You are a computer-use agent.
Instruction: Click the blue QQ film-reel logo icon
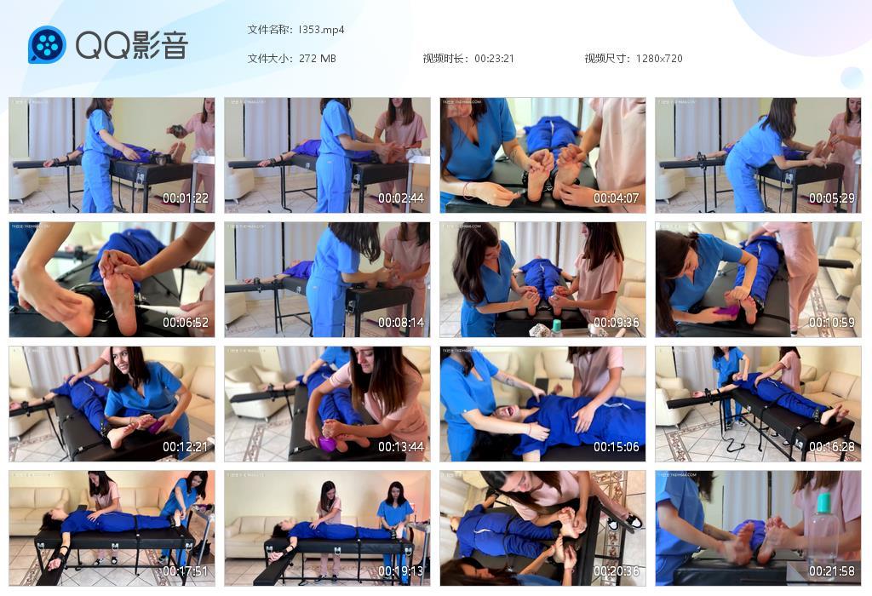pyautogui.click(x=47, y=44)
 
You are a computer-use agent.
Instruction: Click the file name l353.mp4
pyautogui.click(x=321, y=30)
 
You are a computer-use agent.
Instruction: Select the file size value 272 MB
pyautogui.click(x=318, y=59)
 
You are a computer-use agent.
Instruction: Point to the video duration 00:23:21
pyautogui.click(x=494, y=59)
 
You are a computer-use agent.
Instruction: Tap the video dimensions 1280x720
pyautogui.click(x=658, y=59)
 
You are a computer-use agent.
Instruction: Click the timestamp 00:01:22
pyautogui.click(x=186, y=198)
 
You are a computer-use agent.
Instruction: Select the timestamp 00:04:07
pyautogui.click(x=616, y=198)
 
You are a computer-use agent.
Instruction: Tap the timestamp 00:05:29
pyautogui.click(x=831, y=198)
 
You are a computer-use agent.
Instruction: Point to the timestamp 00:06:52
pyautogui.click(x=186, y=323)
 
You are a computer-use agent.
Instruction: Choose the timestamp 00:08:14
pyautogui.click(x=401, y=323)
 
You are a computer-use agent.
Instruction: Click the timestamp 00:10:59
pyautogui.click(x=831, y=323)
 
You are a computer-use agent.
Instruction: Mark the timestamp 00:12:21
pyautogui.click(x=186, y=447)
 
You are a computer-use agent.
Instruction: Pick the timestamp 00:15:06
pyautogui.click(x=616, y=447)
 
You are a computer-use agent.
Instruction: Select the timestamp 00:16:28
pyautogui.click(x=831, y=447)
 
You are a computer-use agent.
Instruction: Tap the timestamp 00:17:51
pyautogui.click(x=186, y=571)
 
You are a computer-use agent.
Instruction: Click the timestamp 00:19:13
pyautogui.click(x=401, y=571)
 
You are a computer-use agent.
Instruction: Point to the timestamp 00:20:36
pyautogui.click(x=616, y=571)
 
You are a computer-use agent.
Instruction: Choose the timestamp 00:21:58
pyautogui.click(x=831, y=571)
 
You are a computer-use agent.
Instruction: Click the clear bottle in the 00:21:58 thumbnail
pyautogui.click(x=822, y=532)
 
